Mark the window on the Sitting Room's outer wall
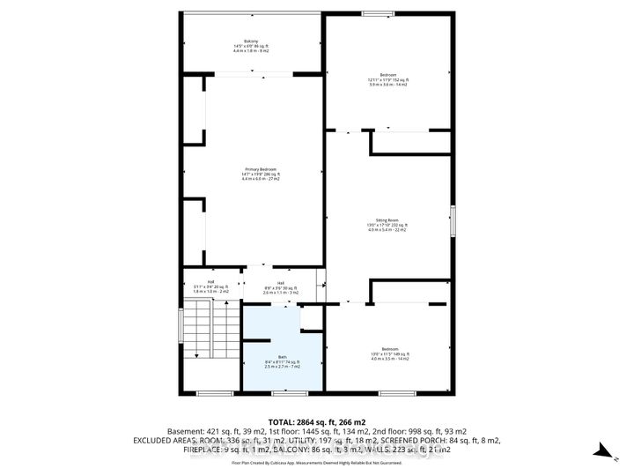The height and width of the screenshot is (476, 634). tap(453, 220)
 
